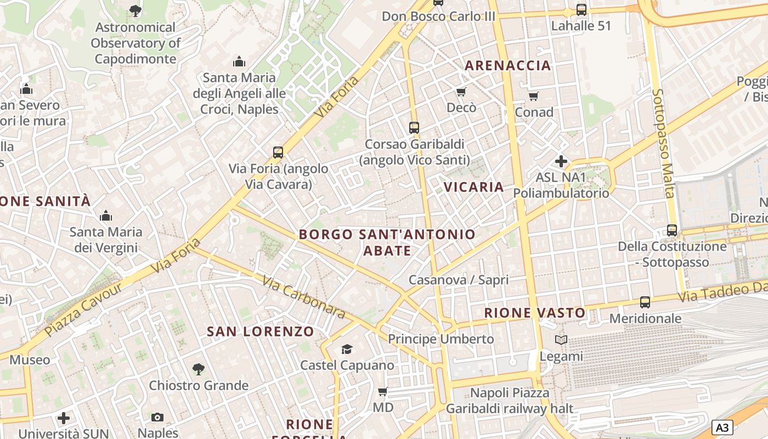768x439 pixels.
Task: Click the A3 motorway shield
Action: pos(722,427)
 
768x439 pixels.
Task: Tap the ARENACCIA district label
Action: pos(507,66)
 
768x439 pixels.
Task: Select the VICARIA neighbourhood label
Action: pos(473,187)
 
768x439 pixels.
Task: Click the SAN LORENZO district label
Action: pos(260,331)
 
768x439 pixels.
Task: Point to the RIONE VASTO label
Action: pos(535,313)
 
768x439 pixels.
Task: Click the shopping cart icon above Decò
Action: pos(461,92)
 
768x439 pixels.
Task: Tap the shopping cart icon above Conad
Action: pos(534,97)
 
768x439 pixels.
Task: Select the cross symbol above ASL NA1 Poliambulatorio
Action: pos(561,161)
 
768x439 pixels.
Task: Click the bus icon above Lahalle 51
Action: pos(581,10)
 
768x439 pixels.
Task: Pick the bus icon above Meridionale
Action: pos(645,302)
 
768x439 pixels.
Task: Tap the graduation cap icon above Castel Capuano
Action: pos(347,349)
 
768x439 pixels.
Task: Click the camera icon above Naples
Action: pos(157,417)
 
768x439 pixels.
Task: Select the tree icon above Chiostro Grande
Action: pos(199,369)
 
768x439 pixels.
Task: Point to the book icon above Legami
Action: pos(561,340)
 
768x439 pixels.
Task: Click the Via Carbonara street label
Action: pos(303,296)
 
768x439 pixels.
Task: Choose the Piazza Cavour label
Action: pos(84,309)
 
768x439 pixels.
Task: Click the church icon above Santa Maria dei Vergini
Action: pos(105,216)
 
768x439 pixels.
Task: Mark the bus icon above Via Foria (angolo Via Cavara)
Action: pos(278,152)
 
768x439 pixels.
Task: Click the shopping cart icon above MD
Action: pos(383,392)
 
